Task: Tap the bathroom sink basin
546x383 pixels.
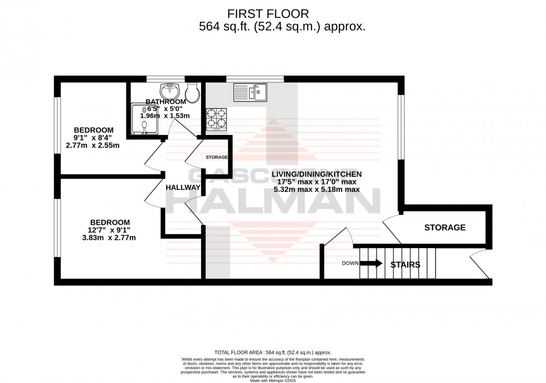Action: pos(169,91)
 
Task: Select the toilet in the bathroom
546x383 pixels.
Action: pos(192,93)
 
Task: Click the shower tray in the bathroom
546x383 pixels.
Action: pos(144,119)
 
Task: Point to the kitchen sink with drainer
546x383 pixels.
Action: pos(250,91)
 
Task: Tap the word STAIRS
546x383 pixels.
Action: pos(405,265)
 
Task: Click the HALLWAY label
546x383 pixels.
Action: pos(182,187)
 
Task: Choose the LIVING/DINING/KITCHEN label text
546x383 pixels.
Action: pos(316,173)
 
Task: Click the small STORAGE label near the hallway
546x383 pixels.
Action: pos(217,158)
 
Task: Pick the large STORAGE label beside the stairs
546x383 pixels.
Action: pos(445,227)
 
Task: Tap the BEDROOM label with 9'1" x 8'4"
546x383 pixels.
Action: pos(94,130)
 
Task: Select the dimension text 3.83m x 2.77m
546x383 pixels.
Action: pos(109,237)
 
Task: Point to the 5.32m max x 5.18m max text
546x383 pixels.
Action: pos(316,190)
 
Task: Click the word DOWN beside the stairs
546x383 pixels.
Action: pos(350,264)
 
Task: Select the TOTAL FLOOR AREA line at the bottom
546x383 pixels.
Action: pos(273,352)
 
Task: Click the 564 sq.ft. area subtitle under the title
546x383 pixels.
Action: pos(282,27)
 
